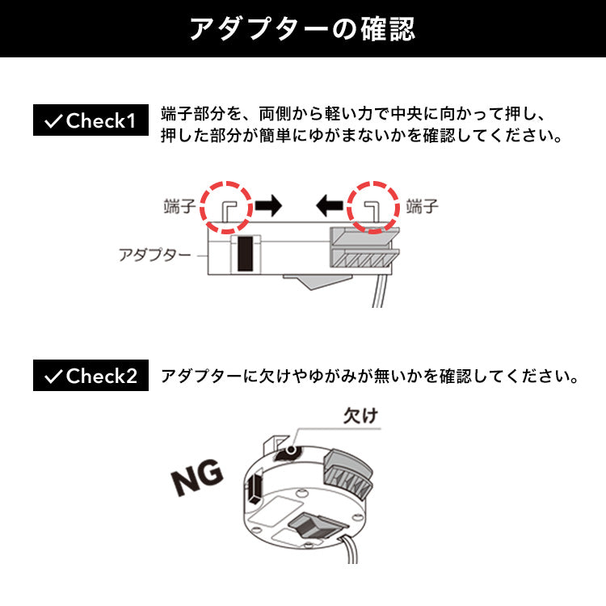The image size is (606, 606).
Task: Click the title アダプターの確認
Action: (303, 28)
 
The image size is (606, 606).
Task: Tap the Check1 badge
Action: (90, 120)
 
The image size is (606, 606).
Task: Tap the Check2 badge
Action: (90, 375)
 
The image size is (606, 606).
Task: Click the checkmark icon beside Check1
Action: (53, 121)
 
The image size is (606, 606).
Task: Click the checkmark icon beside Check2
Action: (53, 377)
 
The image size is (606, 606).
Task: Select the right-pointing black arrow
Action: (268, 205)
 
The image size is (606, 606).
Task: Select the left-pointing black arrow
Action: (330, 205)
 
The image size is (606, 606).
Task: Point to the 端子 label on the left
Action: (179, 206)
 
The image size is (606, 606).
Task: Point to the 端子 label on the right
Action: (422, 206)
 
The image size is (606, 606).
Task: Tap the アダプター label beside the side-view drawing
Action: (154, 255)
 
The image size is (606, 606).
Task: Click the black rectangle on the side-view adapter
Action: (245, 254)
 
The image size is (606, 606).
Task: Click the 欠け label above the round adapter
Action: (360, 416)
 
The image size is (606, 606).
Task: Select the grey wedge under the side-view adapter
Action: (317, 281)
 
